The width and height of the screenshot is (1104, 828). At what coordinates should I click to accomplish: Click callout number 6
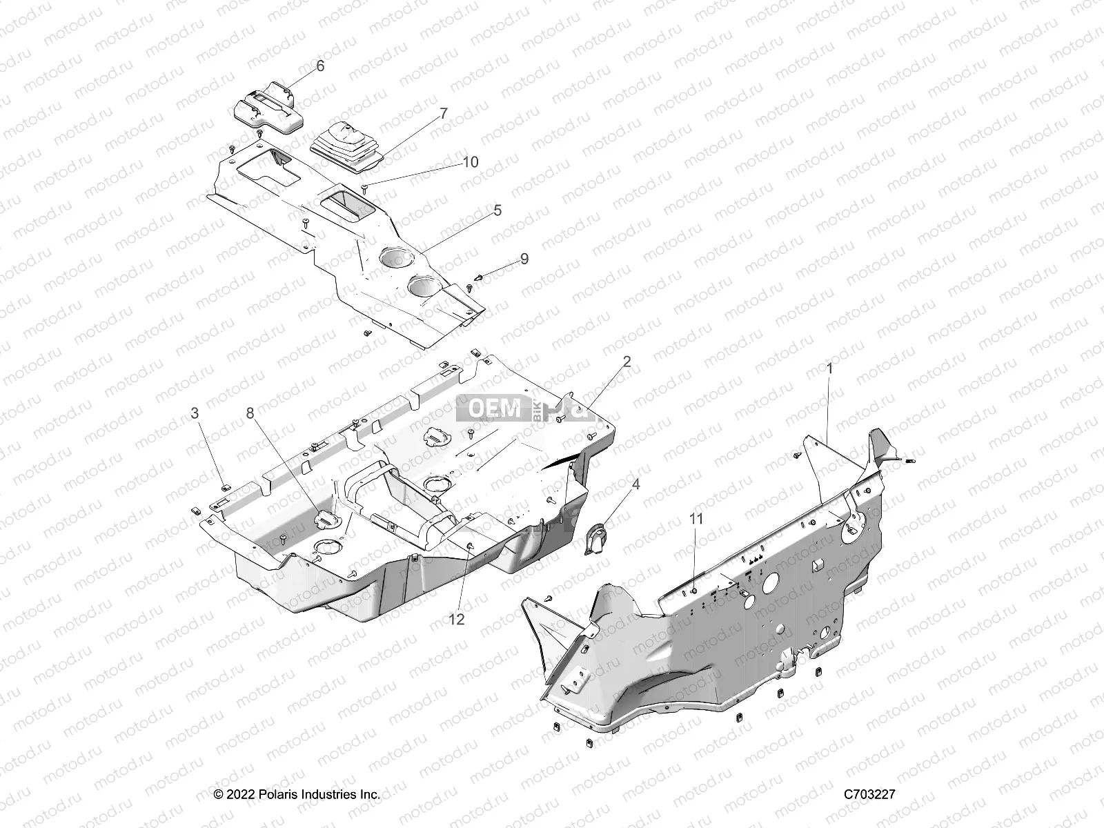pos(319,66)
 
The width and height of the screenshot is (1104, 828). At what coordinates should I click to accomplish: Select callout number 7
pos(443,112)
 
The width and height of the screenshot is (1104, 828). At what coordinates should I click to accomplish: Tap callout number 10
pos(489,162)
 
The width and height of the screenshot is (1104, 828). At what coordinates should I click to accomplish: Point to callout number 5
pos(497,210)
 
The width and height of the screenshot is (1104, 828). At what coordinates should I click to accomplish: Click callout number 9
pos(524,259)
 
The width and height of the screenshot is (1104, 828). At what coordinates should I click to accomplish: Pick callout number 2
pos(627,362)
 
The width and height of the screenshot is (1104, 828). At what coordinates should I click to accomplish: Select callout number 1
pos(829,369)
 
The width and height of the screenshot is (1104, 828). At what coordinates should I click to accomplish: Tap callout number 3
pos(195,413)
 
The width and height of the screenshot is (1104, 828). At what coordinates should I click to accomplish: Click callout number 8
pos(250,413)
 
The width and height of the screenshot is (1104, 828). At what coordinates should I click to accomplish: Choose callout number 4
pos(635,484)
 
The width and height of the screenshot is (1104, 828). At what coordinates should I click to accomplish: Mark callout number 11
pos(696,518)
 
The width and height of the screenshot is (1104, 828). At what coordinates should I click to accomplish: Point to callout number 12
pos(456,620)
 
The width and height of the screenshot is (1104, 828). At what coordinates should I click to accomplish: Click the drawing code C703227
pos(869,794)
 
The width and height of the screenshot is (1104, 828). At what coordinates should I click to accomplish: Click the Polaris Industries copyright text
pos(297,794)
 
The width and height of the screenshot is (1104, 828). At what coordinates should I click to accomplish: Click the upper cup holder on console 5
pos(397,258)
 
